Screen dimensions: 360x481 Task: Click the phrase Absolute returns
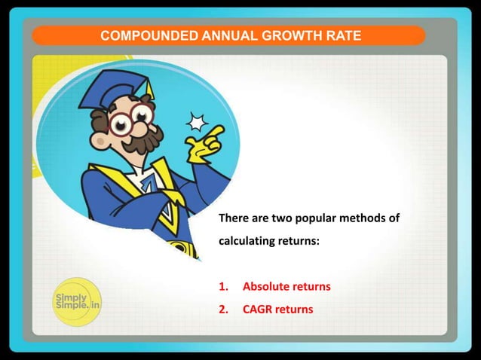286,287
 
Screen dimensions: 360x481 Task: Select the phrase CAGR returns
277,309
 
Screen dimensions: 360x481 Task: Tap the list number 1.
222,287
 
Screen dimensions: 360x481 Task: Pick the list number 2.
222,309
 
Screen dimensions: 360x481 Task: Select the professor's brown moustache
144,140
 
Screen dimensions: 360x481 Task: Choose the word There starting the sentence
232,219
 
